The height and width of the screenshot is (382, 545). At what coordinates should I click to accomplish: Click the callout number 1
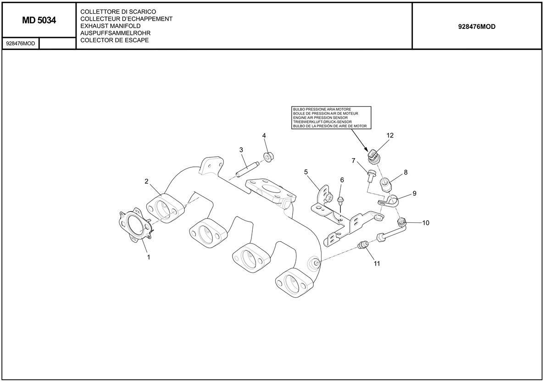(149, 258)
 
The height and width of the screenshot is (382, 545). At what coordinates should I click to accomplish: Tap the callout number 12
(390, 136)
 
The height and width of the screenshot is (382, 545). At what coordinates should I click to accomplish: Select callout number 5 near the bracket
(306, 172)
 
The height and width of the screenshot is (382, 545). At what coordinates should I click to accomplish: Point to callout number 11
(377, 264)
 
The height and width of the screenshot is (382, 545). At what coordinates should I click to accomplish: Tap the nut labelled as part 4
(268, 156)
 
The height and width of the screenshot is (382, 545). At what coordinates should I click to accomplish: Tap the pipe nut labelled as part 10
(402, 223)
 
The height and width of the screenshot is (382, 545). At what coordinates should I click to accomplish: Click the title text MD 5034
(39, 21)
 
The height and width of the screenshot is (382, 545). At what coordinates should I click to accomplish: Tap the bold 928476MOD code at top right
(477, 27)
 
